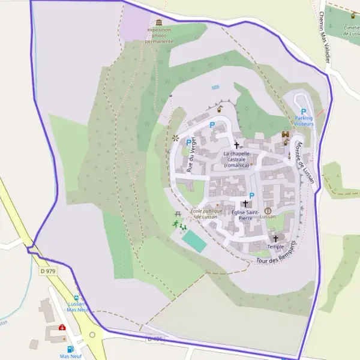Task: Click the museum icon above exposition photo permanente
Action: coord(159,22)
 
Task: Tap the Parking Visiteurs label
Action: coord(304,121)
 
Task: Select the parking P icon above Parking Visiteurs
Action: coord(304,112)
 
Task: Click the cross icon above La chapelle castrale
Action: coord(236,145)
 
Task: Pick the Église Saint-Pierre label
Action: coord(245,215)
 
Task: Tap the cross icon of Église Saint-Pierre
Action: coord(245,204)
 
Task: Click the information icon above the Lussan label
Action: coord(268,211)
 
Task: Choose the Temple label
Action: coord(275,247)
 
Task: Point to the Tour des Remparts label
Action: coord(277,254)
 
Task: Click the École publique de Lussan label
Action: coord(206,214)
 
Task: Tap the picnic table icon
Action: coord(178,214)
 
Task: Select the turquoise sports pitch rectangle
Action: coord(194,241)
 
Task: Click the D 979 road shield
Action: coord(47,272)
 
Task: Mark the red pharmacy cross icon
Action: coord(62,328)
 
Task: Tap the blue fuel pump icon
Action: coord(70,349)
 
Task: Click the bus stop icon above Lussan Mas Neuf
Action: coord(76,298)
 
